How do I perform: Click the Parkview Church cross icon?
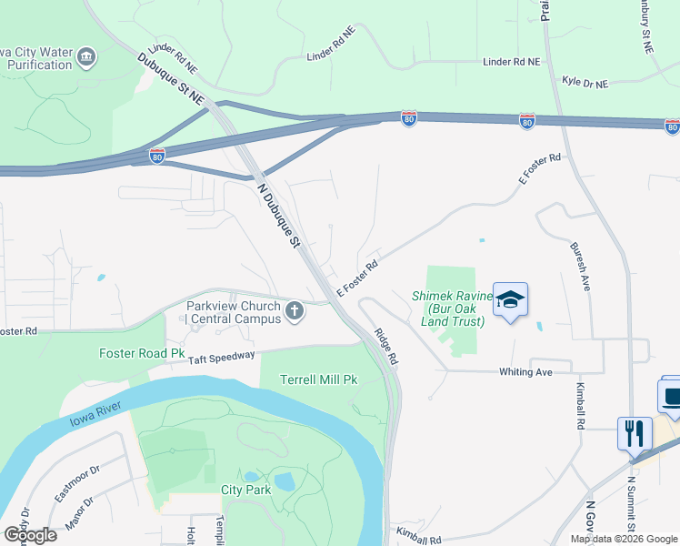(294, 312)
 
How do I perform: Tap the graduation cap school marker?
(511, 299)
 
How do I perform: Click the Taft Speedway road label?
(223, 358)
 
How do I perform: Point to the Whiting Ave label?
(525, 372)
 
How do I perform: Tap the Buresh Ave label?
(580, 266)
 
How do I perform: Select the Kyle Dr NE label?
(585, 83)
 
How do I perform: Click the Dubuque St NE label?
(173, 77)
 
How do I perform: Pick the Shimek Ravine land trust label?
(453, 308)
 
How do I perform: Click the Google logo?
(29, 534)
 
